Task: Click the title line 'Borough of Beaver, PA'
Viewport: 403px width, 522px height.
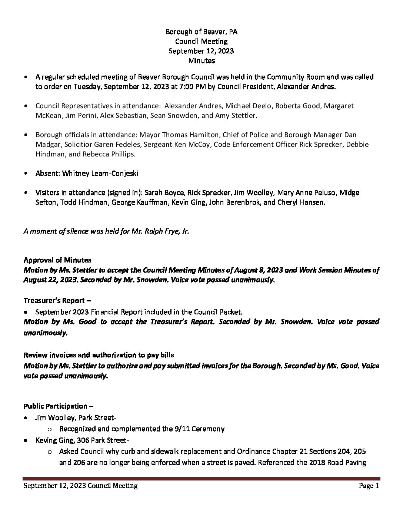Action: [x=201, y=32]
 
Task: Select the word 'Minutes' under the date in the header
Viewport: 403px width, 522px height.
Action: [x=201, y=60]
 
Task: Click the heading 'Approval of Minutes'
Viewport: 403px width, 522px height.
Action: [x=57, y=260]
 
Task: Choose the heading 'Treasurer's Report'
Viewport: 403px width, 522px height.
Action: [x=54, y=301]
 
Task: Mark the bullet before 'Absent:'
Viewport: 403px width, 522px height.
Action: [x=25, y=174]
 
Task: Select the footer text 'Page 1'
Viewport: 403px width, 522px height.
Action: [x=369, y=486]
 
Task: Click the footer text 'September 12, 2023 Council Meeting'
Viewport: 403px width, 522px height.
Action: [x=80, y=486]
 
